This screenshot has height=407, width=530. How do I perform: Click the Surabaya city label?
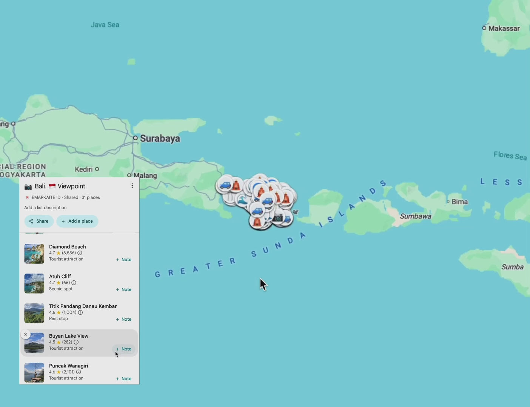point(160,139)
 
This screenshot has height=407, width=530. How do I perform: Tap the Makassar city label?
point(504,28)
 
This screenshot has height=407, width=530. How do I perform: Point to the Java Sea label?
point(105,25)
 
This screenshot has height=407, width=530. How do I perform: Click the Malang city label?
point(145,176)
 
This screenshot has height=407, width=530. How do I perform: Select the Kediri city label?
point(84,169)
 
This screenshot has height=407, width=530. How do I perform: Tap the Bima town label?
point(459,202)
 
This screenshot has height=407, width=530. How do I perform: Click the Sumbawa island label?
point(415,216)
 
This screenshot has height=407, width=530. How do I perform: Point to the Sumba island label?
point(512,267)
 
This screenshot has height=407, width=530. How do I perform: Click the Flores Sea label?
point(510,156)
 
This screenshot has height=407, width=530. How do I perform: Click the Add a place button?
point(77,221)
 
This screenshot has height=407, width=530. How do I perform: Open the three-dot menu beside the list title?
point(132,186)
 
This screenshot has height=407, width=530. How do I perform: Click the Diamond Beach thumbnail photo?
point(34,254)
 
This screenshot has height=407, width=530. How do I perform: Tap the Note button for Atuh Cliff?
point(124,289)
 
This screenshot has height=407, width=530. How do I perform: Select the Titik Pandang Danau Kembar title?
point(83,306)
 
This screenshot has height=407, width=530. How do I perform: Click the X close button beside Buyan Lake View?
point(26,334)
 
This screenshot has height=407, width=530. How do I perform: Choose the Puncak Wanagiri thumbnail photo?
point(34,372)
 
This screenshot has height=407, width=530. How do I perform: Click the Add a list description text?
point(45,208)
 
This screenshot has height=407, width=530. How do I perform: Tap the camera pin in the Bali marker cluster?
point(278,218)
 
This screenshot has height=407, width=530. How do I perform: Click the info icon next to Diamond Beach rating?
point(80,253)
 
